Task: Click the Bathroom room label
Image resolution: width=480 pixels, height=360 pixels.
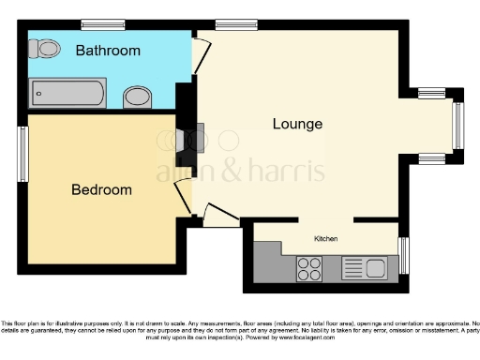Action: [109, 51]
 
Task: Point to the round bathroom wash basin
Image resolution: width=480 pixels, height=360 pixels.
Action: [138, 96]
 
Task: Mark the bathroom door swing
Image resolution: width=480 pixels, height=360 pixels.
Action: [201, 50]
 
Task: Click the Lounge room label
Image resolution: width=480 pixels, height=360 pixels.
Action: [297, 124]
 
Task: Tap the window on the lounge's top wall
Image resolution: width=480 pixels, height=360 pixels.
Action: [230, 23]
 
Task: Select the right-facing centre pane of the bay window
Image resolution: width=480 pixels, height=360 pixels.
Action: [459, 125]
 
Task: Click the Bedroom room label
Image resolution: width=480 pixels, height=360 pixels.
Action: [102, 189]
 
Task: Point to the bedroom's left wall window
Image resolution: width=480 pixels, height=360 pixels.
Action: [23, 154]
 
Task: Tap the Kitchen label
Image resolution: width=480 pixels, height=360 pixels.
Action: [325, 239]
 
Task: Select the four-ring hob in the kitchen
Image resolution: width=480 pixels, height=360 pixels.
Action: [310, 268]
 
